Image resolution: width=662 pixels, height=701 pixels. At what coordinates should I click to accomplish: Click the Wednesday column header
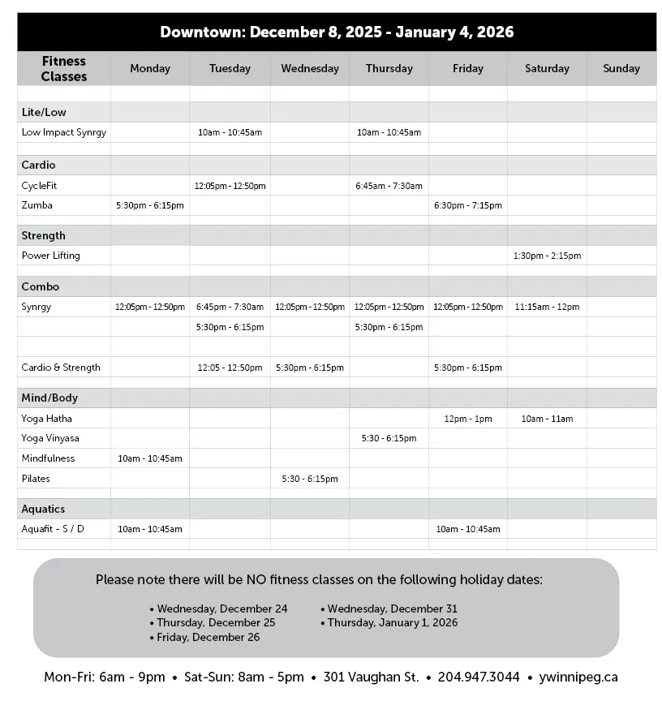310,69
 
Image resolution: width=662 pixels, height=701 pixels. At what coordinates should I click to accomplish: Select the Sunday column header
621,69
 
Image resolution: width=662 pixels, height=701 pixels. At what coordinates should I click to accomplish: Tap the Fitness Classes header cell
64,69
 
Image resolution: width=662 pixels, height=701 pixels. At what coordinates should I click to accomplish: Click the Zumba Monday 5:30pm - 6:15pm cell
150,206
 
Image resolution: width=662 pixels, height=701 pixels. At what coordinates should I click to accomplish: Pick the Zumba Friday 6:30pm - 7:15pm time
468,206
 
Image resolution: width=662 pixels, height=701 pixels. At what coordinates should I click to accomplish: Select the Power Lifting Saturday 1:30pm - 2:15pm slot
547,256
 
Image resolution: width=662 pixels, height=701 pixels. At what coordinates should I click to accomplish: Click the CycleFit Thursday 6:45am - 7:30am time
389,187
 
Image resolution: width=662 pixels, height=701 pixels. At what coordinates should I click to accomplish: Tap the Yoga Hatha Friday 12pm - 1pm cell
468,419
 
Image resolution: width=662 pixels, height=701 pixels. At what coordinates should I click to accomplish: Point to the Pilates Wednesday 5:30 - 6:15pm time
310,480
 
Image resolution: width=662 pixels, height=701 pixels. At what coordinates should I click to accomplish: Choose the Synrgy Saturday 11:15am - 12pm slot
547,307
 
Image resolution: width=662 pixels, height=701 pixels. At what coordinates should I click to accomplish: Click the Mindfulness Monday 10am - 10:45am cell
150,459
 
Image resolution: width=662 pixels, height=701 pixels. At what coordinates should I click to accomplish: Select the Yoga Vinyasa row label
50,439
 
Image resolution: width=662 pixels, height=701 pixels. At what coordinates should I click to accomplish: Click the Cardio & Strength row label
61,368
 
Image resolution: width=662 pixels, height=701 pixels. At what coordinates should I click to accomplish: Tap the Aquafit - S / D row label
53,530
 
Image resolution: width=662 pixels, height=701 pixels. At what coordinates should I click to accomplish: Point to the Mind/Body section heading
49,398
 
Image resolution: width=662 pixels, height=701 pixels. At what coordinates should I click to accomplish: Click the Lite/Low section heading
44,112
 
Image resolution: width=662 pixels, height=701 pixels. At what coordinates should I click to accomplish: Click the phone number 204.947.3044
479,677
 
